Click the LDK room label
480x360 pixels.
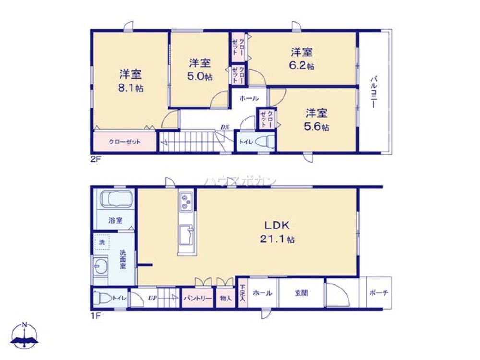(x=277, y=225)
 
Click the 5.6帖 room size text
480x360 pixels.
(x=318, y=127)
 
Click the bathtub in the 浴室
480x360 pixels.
(x=115, y=200)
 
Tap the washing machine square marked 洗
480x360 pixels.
(x=102, y=242)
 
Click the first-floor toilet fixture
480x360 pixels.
(x=102, y=298)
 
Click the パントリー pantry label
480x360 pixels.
(x=198, y=298)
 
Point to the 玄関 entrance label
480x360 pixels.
(x=301, y=293)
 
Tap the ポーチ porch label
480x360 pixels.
(x=379, y=293)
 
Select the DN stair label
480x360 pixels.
(x=225, y=127)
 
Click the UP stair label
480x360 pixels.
(x=153, y=298)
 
